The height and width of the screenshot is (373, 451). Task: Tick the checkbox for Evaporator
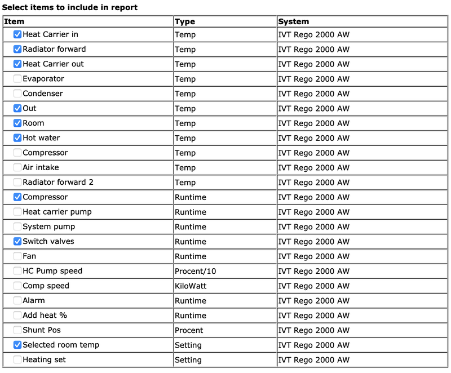pos(17,79)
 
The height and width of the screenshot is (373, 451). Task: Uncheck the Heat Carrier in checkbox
pos(17,34)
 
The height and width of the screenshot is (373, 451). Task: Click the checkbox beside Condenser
pos(17,94)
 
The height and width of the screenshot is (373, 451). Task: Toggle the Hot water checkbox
pos(17,138)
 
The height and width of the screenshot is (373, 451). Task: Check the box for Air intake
pos(17,167)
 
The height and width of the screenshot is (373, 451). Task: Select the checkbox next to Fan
pos(17,256)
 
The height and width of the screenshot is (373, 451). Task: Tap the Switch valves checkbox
pos(17,242)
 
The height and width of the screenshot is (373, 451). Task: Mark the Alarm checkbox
pos(17,301)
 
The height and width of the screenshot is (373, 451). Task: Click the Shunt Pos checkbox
pos(17,330)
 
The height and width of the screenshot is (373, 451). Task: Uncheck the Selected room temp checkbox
pos(17,345)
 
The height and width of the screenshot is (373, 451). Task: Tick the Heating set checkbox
pos(17,359)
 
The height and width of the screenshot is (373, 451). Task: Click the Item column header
pos(14,21)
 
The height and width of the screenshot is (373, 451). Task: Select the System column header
pos(293,21)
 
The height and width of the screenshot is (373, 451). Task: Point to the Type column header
pos(185,21)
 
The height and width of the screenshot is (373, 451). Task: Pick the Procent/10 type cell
pos(195,272)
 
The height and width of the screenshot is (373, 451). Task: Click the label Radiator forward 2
pos(59,183)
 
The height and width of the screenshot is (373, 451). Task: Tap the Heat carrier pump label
pos(57,212)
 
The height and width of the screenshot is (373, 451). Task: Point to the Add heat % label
pos(45,316)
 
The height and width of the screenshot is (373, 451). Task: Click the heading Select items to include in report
pos(70,7)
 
